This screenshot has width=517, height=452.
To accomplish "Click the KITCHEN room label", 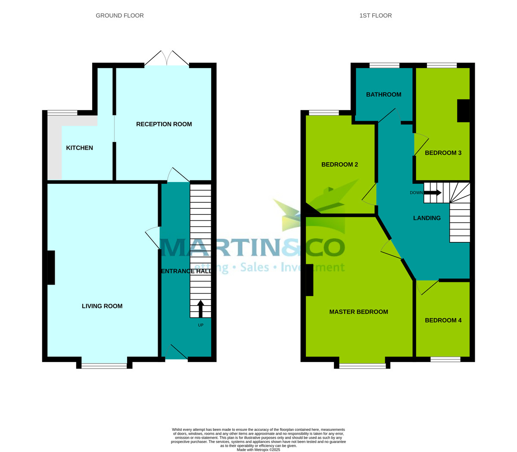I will pos(79,148).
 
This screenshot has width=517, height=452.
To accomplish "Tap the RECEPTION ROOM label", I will pos(164,124).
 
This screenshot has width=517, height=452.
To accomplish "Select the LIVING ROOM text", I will pos(102,306).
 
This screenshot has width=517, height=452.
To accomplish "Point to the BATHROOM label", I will pos(383,95).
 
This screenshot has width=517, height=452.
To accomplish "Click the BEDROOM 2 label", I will pos(339,164).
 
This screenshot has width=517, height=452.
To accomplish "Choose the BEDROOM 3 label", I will pos(443,153).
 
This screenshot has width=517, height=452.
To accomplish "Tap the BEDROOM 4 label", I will pos(443,320).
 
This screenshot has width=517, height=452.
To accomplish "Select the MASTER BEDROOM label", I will pos(358,312).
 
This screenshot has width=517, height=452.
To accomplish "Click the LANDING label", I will pos(427,218).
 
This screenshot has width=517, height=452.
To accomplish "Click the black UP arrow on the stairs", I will pos(200,309).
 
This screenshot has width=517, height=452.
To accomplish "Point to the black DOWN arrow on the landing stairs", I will pos(433,193).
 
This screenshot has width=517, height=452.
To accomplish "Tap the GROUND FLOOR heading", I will pos(120,15).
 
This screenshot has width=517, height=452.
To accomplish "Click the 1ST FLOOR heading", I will pos(376,15).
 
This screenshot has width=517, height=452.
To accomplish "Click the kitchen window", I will pos(62,113).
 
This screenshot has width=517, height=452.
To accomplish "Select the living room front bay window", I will pos(104,366).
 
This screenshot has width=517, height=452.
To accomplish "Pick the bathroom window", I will pos(384,65).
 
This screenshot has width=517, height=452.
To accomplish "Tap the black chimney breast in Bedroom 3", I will pos(463,111).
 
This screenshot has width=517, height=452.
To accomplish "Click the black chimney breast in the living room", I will pos(51,267).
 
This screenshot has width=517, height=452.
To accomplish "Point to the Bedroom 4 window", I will pos(445,359).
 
